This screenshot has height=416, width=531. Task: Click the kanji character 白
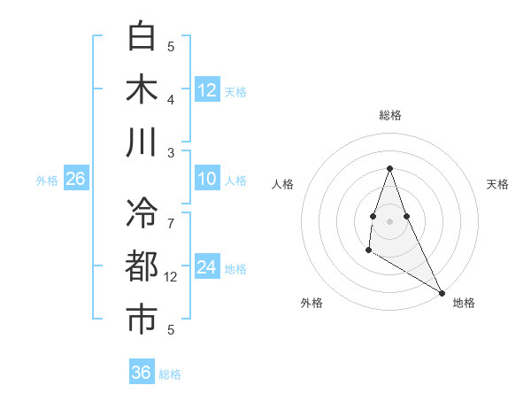pos(142,36)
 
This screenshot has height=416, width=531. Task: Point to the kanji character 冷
pos(142,213)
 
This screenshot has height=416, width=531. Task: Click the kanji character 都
pos(142,266)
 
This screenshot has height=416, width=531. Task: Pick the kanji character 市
pos(142,320)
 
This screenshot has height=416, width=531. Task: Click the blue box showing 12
pos(207,89)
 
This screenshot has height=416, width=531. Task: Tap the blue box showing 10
pos(207,179)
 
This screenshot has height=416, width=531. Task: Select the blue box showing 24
pos(207,267)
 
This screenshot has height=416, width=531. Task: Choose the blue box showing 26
pos(76,179)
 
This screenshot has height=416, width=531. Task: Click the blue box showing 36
pos(142,373)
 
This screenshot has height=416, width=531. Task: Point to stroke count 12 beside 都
pos(172,277)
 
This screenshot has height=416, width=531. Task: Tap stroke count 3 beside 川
pos(171,152)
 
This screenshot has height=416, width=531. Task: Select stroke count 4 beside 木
pos(171,99)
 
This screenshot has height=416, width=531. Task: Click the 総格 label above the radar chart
pos(390,115)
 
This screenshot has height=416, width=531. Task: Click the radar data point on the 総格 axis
pos(390,168)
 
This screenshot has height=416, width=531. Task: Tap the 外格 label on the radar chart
pos(312,303)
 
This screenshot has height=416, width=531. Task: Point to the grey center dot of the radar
pos(390,220)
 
